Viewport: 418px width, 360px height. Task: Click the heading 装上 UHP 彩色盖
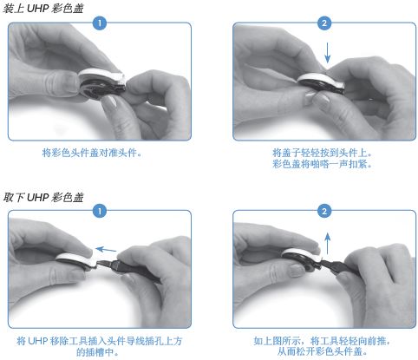(x=42, y=8)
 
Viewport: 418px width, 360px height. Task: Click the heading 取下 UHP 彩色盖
(x=42, y=197)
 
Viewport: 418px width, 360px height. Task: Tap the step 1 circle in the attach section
(x=100, y=23)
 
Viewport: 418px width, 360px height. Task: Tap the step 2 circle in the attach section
(x=324, y=23)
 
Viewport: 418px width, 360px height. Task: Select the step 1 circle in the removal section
(x=100, y=211)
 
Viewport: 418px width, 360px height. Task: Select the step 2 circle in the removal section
(x=324, y=211)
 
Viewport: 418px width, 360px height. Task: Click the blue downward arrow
(x=327, y=53)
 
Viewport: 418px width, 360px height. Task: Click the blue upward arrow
(x=327, y=244)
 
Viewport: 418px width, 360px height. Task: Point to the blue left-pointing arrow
(x=106, y=249)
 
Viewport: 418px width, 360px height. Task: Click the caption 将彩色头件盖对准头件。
(x=92, y=153)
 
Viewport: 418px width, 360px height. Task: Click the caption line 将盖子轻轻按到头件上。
(x=322, y=153)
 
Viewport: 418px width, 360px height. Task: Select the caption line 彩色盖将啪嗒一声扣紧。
(x=322, y=164)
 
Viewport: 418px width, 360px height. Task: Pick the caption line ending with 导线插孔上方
(x=100, y=341)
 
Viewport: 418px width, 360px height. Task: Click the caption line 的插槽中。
(x=97, y=352)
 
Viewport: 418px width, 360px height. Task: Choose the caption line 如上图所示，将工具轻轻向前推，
(x=322, y=341)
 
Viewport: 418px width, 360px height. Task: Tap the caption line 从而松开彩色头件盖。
(x=322, y=351)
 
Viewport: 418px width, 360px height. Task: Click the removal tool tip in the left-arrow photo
(x=101, y=263)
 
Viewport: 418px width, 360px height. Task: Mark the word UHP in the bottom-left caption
(x=37, y=341)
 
